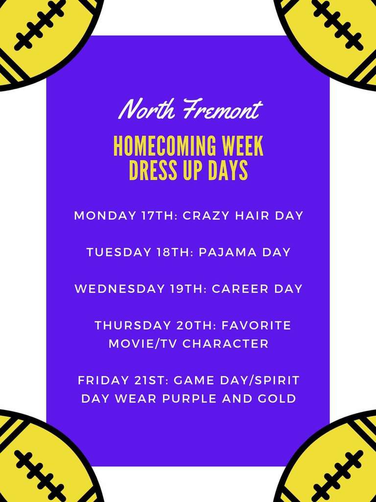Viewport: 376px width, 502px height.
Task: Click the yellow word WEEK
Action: (244, 146)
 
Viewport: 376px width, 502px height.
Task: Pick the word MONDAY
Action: (105, 216)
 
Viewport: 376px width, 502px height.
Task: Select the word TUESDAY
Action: (118, 252)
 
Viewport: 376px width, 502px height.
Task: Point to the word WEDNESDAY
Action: (119, 289)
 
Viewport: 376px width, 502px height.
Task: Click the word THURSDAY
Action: (132, 326)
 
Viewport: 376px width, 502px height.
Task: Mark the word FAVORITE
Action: (257, 326)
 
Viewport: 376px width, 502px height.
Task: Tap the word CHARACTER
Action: (225, 344)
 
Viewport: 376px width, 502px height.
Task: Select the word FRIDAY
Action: (103, 380)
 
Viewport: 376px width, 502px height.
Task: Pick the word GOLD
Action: (279, 399)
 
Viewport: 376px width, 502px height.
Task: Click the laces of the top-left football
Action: (40, 25)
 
